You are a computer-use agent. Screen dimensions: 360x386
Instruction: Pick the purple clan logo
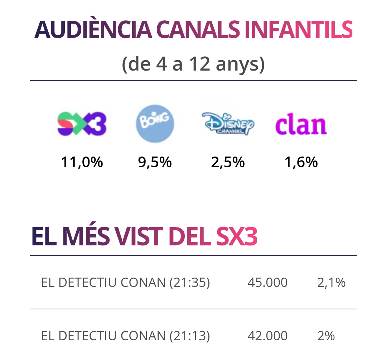pyautogui.click(x=301, y=125)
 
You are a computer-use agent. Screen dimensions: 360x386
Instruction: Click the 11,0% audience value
pyautogui.click(x=82, y=163)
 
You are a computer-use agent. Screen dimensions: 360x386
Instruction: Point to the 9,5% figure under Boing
pyautogui.click(x=155, y=163)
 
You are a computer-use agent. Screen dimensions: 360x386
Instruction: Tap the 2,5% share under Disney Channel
pyautogui.click(x=228, y=163)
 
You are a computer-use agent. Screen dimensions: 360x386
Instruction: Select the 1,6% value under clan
pyautogui.click(x=301, y=163)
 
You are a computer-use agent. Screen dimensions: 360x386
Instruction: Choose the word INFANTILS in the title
pyautogui.click(x=299, y=30)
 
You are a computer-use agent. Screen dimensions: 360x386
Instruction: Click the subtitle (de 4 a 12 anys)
pyautogui.click(x=193, y=64)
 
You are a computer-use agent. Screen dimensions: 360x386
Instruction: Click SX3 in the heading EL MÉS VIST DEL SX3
pyautogui.click(x=237, y=237)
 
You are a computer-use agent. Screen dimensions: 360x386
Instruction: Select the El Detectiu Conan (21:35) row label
pyautogui.click(x=125, y=283)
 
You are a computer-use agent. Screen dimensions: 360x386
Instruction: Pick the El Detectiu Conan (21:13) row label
pyautogui.click(x=125, y=336)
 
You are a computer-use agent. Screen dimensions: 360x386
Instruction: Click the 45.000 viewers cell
pyautogui.click(x=267, y=283)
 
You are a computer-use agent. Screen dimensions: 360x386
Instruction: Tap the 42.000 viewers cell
pyautogui.click(x=267, y=336)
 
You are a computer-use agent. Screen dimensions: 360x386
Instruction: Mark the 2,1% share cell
pyautogui.click(x=331, y=283)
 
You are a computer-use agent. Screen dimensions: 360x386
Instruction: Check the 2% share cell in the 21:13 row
pyautogui.click(x=326, y=336)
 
